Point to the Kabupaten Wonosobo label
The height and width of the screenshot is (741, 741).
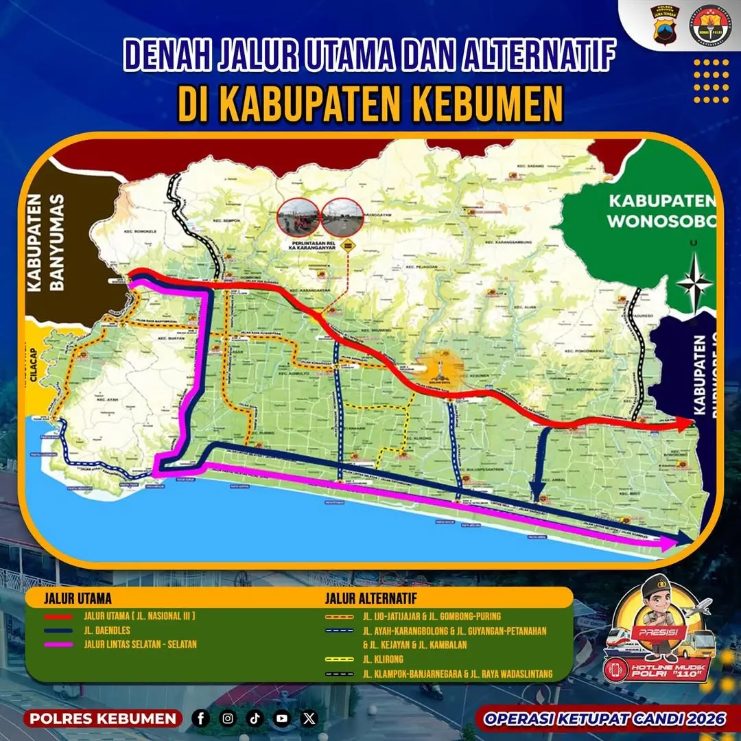[x=661, y=211]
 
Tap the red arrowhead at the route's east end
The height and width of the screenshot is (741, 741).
[x=687, y=424]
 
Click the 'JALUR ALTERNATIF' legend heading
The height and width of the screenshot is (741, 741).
[x=370, y=598]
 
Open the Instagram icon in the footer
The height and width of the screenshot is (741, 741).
[x=228, y=718]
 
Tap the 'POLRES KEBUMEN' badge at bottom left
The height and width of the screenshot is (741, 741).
[x=102, y=718]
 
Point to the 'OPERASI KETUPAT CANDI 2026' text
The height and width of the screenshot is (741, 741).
[x=604, y=718]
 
